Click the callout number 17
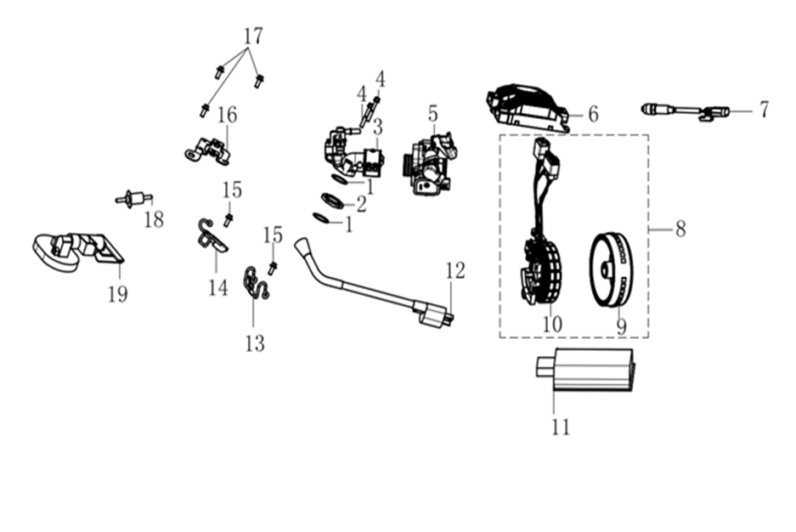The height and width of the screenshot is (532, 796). [x=252, y=37]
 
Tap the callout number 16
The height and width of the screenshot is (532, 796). [x=227, y=115]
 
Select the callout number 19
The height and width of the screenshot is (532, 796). [x=117, y=294]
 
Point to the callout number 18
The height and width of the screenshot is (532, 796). [x=154, y=220]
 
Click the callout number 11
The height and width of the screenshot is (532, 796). [x=560, y=426]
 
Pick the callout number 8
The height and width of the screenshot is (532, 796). [x=680, y=229]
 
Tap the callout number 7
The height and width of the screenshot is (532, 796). [x=764, y=109]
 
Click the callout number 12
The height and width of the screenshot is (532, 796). [x=455, y=271]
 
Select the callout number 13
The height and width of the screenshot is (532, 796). [x=254, y=342]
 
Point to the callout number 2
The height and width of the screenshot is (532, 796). [x=361, y=204]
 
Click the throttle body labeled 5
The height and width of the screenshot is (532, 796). [x=432, y=161]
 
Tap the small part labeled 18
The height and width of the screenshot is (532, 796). [x=131, y=200]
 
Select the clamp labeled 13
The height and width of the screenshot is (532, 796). [x=255, y=283]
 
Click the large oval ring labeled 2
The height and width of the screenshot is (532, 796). [x=332, y=201]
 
